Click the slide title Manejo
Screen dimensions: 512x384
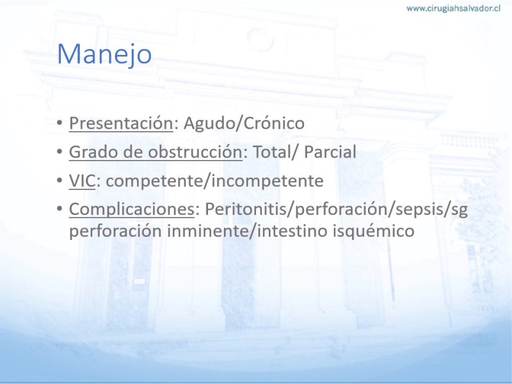104,54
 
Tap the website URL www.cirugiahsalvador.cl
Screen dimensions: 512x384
453,8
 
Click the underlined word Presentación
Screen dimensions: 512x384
121,124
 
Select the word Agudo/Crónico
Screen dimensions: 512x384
244,124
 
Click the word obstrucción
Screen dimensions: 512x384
195,152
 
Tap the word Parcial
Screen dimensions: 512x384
330,152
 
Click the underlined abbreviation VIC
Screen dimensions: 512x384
82,180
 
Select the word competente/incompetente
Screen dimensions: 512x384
214,181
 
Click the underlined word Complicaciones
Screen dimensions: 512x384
132,209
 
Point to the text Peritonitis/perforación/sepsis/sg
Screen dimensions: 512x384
337,209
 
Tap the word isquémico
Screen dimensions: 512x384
374,231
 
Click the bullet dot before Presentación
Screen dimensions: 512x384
60,123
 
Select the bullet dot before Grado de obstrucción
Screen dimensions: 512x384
60,152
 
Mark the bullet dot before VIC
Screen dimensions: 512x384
60,180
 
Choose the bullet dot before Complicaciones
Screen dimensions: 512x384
60,209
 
